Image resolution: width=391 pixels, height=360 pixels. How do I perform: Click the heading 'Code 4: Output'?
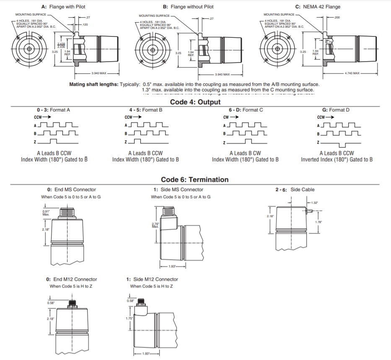tap(195, 102)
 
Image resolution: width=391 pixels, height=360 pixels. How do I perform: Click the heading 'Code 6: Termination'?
tap(195, 180)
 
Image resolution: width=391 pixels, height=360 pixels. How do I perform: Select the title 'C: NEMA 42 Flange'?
tap(318, 7)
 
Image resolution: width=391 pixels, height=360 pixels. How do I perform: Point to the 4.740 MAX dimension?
tap(352, 73)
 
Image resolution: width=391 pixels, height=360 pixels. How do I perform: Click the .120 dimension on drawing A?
tap(85, 24)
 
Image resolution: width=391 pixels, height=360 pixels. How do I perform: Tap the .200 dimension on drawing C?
tap(337, 18)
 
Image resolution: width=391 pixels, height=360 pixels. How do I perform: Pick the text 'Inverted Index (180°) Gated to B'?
tap(337, 159)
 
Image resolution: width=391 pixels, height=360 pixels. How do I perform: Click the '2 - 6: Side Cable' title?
tap(295, 190)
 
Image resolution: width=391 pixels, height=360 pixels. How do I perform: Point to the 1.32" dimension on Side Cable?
tap(314, 202)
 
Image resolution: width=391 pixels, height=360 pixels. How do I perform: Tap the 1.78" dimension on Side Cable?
tap(319, 222)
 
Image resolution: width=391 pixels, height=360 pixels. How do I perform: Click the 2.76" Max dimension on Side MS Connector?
tap(155, 225)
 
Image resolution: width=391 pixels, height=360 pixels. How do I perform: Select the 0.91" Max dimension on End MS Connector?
tap(46, 212)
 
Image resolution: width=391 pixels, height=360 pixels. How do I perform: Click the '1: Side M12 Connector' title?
tap(152, 279)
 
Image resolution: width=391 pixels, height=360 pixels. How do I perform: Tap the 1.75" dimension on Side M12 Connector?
tap(129, 319)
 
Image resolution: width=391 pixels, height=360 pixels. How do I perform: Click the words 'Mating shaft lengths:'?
tap(94, 84)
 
